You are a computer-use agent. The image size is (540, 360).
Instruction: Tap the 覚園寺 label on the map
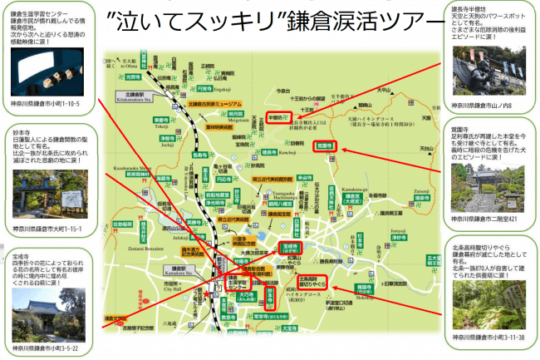pos(325,145)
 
